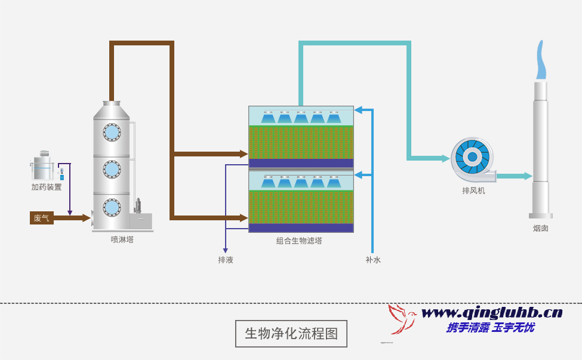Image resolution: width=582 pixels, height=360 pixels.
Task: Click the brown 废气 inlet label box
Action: tap(42, 218)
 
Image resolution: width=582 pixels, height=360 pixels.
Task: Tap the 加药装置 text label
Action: tap(47, 187)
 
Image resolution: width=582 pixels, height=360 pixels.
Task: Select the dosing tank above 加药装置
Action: tap(43, 167)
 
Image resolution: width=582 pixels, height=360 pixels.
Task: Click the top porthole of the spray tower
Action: tap(112, 132)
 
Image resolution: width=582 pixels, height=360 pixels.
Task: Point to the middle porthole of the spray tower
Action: tap(112, 169)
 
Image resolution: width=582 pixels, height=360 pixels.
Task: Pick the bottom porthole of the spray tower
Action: tap(112, 207)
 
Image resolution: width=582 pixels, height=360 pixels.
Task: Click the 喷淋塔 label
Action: tap(122, 239)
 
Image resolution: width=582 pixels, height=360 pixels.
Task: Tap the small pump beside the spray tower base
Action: tap(138, 207)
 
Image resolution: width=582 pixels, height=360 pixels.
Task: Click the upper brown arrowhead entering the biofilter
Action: tap(244, 154)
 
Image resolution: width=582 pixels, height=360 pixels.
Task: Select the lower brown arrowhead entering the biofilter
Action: tap(244, 218)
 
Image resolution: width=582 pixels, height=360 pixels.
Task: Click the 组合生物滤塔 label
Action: tap(299, 241)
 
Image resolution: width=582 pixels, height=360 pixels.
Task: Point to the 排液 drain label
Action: tap(226, 260)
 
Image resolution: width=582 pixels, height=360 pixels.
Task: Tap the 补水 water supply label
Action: tap(373, 260)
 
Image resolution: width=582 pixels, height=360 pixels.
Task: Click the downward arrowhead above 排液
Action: tap(226, 250)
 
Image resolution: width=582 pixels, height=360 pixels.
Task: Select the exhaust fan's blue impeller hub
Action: tap(472, 157)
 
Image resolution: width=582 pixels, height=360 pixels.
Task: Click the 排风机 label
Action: tap(473, 190)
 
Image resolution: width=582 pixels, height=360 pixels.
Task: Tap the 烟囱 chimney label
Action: tap(541, 228)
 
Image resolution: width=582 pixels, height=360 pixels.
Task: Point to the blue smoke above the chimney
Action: tap(541, 61)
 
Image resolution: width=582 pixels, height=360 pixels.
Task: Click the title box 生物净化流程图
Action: tap(291, 334)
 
